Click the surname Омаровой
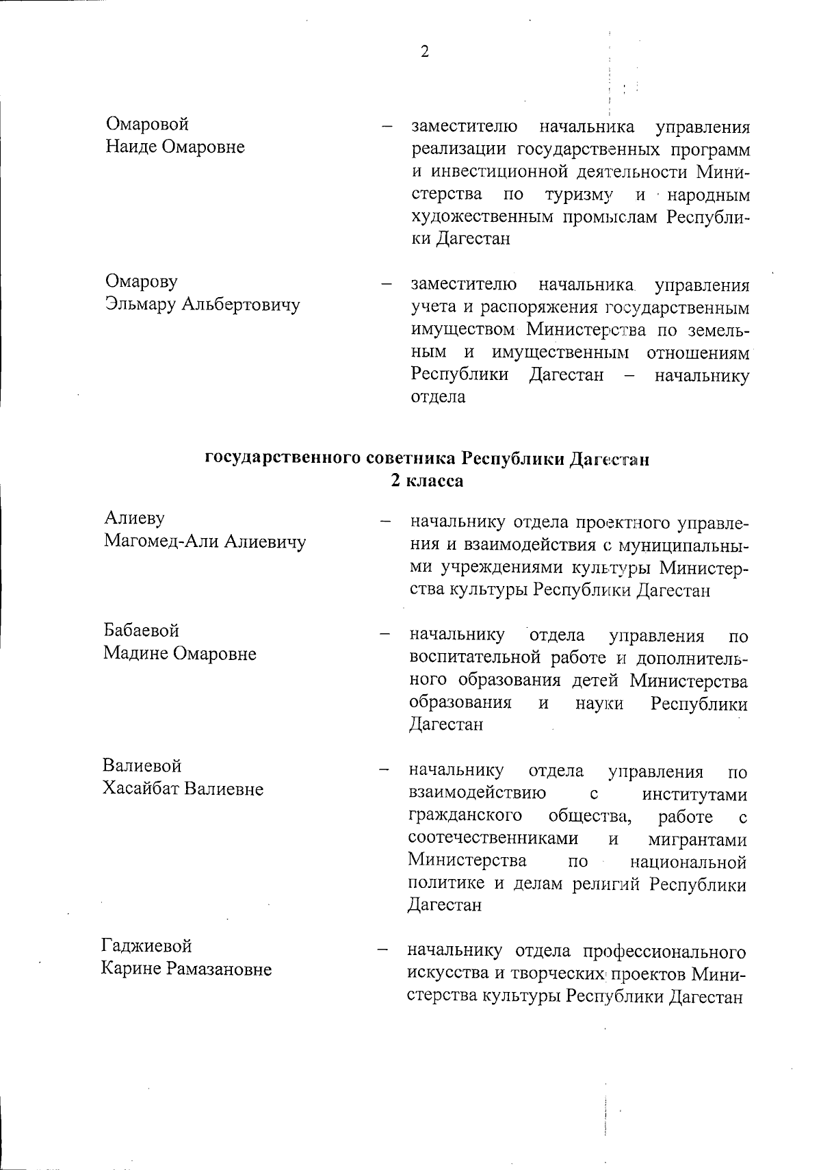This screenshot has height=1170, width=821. (x=147, y=125)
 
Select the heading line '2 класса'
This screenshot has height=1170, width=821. (x=427, y=481)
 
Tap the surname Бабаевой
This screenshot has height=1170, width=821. (x=142, y=630)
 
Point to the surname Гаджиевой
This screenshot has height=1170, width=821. (x=146, y=946)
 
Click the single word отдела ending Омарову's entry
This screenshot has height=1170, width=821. (x=438, y=397)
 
